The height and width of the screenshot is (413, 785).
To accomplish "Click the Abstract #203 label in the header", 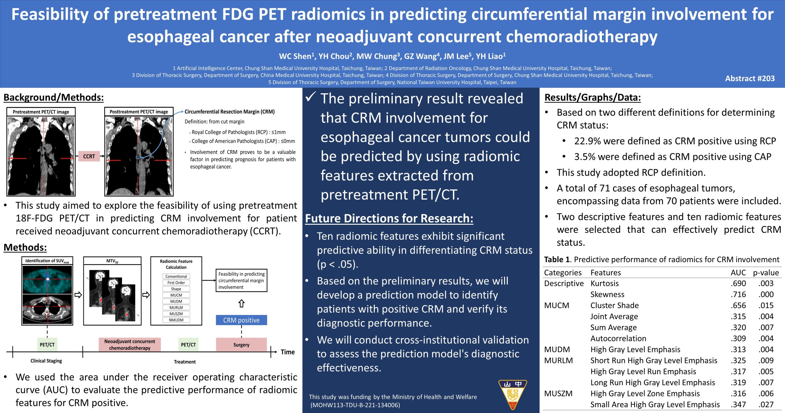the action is tap(750, 78).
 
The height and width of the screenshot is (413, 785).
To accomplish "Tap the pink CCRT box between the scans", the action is tap(89, 156).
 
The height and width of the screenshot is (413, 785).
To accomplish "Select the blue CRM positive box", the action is tap(241, 320).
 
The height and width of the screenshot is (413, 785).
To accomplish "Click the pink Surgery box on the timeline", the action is tap(241, 345).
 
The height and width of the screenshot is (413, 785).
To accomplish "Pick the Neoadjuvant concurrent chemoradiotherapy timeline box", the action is tap(130, 345).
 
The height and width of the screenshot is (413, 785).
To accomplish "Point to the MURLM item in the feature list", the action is tap(176, 308).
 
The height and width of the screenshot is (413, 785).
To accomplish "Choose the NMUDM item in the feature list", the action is tap(176, 320).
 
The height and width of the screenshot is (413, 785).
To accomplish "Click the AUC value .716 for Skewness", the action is tap(738, 294).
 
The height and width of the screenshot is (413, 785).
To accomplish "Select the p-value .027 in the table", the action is tap(766, 404).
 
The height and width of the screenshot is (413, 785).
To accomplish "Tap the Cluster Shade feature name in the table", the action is tap(615, 305).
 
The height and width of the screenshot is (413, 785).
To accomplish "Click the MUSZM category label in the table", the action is tap(558, 393).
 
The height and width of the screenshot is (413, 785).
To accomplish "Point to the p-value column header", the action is tap(766, 273).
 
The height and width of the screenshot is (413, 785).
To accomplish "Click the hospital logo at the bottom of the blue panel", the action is tap(512, 395).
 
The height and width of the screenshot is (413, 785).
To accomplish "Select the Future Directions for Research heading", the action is tap(389, 218).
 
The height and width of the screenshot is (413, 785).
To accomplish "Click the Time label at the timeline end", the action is tap(288, 352).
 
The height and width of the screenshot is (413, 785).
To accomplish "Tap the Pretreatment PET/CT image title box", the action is tap(41, 112).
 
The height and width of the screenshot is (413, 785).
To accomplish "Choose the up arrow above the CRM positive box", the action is tap(241, 304).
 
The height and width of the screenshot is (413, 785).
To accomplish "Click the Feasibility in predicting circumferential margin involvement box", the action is tap(241, 281).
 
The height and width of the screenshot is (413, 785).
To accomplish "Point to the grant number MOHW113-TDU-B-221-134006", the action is tap(356, 405).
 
